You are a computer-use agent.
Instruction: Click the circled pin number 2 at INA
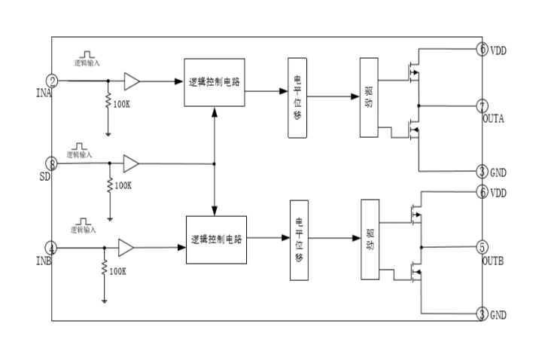[x=52, y=81]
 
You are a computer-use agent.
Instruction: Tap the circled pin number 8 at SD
[x=52, y=163]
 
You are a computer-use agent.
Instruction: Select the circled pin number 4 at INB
[x=52, y=248]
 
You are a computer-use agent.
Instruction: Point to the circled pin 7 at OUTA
[x=482, y=105]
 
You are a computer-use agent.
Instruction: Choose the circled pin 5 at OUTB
[x=482, y=247]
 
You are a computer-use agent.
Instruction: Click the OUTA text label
[x=494, y=119]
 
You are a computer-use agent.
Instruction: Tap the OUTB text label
[x=494, y=261]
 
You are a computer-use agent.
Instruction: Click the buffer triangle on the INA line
[x=132, y=81]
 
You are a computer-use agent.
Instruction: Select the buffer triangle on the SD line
[x=132, y=163]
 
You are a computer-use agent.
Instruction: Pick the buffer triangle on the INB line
[x=126, y=248]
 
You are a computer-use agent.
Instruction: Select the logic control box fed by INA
[x=215, y=81]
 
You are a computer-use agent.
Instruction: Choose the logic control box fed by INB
[x=216, y=239]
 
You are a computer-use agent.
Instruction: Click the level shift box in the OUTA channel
[x=297, y=97]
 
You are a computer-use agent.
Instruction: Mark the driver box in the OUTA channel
[x=369, y=98]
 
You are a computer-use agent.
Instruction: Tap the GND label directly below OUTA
[x=498, y=172]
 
